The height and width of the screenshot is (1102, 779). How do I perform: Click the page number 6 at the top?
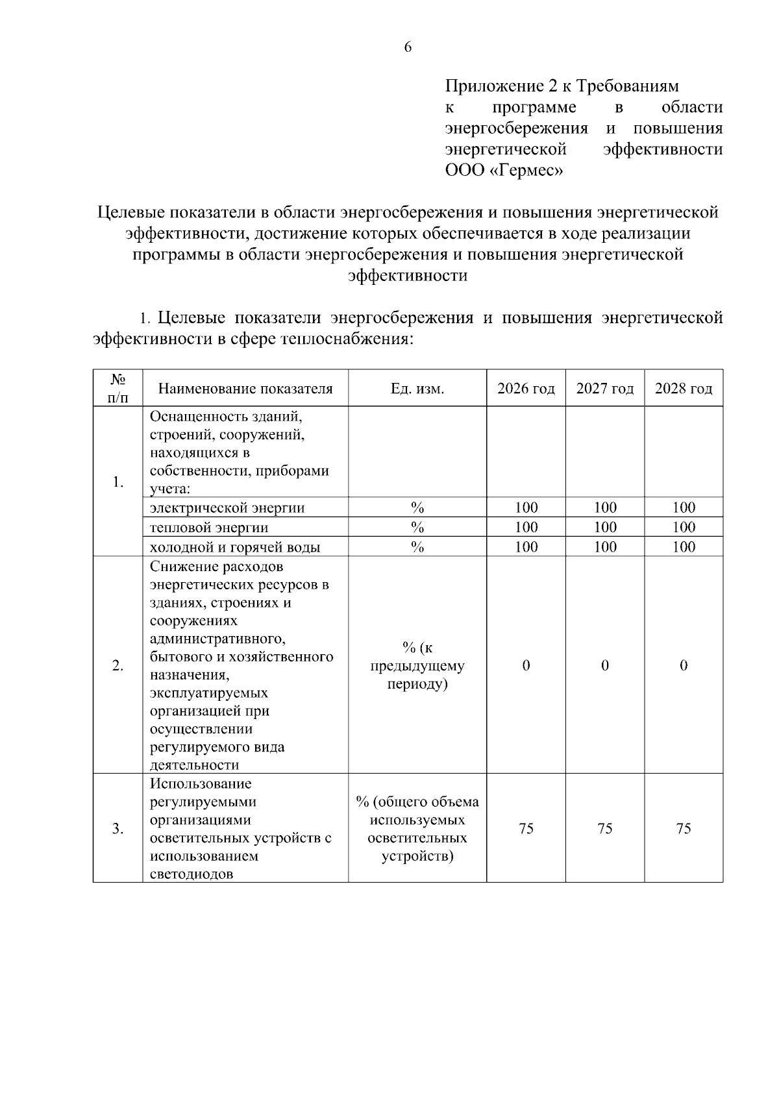click(408, 47)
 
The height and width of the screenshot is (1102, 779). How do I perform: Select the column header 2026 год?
click(526, 388)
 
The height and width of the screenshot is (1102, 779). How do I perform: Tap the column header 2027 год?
click(604, 388)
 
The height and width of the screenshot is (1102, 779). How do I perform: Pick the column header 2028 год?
click(684, 388)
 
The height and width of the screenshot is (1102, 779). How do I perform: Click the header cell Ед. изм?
click(417, 388)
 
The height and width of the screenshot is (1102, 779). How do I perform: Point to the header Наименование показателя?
click(245, 388)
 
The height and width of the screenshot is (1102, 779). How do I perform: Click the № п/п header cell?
click(117, 388)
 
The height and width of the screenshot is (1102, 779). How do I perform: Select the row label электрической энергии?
click(227, 508)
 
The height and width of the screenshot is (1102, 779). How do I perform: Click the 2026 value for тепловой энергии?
click(526, 527)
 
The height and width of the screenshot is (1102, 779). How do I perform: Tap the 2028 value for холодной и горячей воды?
click(684, 546)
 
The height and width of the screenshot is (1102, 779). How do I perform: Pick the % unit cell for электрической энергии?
click(417, 508)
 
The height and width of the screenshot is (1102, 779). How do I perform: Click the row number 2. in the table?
click(117, 665)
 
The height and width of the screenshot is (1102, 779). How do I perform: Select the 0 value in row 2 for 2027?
click(604, 665)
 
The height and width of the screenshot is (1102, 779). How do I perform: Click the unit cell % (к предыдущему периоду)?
click(417, 665)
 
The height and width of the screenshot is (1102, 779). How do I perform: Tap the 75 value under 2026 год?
click(526, 828)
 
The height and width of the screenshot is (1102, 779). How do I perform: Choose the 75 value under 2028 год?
click(684, 828)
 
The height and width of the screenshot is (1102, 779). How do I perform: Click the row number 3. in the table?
click(117, 828)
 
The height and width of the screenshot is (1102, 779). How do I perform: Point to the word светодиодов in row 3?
click(192, 874)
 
